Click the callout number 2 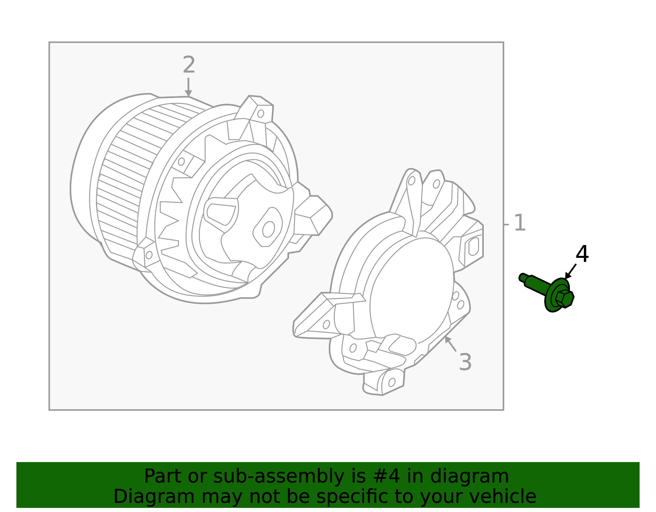pyautogui.click(x=189, y=66)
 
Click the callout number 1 pyautogui.click(x=519, y=223)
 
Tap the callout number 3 pyautogui.click(x=465, y=362)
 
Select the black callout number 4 pyautogui.click(x=582, y=255)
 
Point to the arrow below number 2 pyautogui.click(x=188, y=87)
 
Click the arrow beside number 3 pyautogui.click(x=451, y=344)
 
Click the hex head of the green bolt pyautogui.click(x=565, y=298)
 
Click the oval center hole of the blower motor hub pyautogui.click(x=269, y=229)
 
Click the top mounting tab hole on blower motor pyautogui.click(x=260, y=114)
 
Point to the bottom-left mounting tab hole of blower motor pyautogui.click(x=149, y=255)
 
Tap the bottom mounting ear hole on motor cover pyautogui.click(x=392, y=382)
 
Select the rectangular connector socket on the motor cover pyautogui.click(x=473, y=246)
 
